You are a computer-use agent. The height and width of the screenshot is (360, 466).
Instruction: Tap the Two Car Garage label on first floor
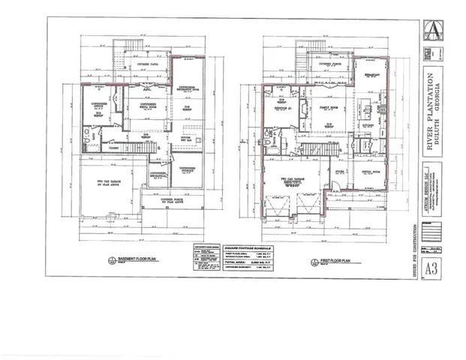point(289,180)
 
